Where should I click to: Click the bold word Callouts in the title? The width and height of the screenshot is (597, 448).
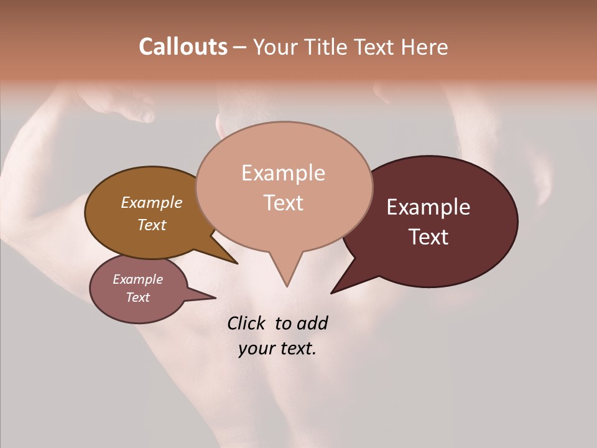coord(183,47)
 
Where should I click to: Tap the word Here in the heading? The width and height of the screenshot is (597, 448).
coord(425,47)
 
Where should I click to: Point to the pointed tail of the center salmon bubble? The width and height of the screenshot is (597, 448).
coord(287,280)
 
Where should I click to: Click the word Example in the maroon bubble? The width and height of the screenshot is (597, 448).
coord(428,207)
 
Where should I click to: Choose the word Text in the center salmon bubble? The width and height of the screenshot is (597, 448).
coord(284,203)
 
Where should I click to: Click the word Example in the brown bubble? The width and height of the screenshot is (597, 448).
coord(152,202)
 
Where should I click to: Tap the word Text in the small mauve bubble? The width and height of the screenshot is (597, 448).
coord(138,297)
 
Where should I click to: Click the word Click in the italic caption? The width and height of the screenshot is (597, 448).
coord(246,323)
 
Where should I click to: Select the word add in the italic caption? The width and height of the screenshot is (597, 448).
coord(312,323)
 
